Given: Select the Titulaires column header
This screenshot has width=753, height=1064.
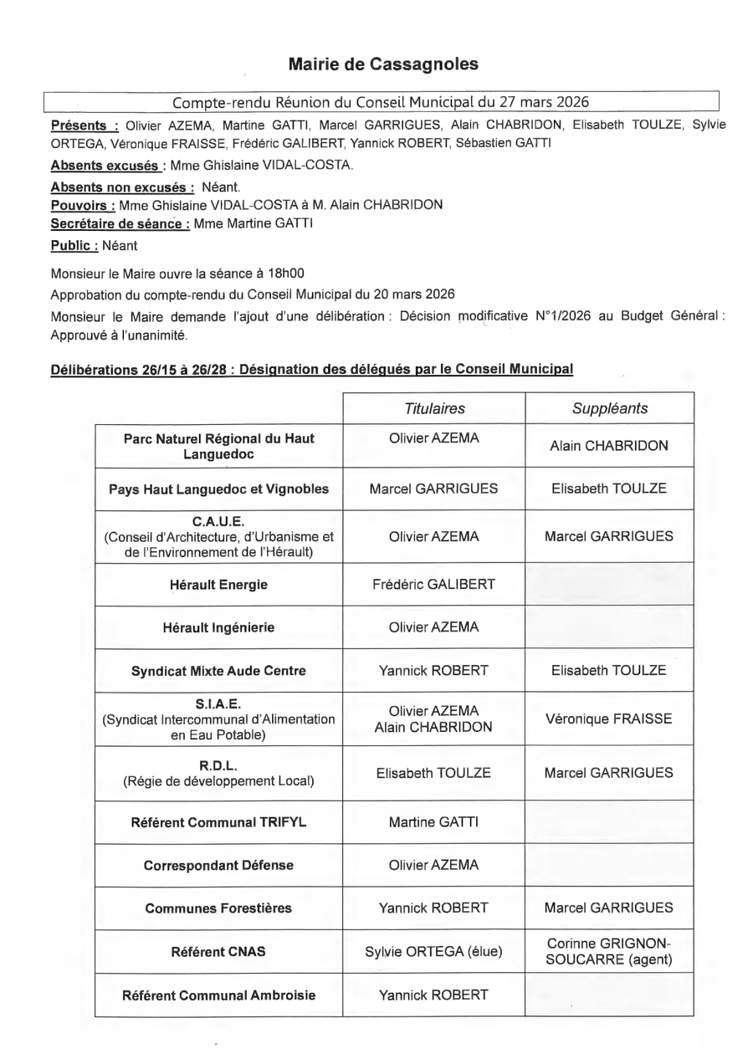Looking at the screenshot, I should pyautogui.click(x=433, y=408).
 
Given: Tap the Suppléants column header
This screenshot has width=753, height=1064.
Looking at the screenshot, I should pyautogui.click(x=608, y=408).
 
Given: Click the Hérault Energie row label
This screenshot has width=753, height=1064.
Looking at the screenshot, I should pyautogui.click(x=218, y=585).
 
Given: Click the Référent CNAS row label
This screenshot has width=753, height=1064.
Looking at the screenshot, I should pyautogui.click(x=218, y=953).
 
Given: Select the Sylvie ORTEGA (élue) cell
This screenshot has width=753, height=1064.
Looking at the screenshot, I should pyautogui.click(x=433, y=953).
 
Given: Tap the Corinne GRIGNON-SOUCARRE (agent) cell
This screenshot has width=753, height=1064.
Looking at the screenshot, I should pyautogui.click(x=608, y=953).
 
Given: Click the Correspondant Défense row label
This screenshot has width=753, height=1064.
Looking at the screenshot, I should pyautogui.click(x=218, y=865).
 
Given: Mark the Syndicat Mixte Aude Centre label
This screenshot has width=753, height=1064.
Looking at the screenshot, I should pyautogui.click(x=218, y=671).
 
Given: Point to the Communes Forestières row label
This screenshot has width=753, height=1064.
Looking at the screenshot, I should pyautogui.click(x=218, y=908).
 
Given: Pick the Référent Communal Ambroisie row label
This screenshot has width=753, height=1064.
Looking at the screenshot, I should pyautogui.click(x=218, y=995).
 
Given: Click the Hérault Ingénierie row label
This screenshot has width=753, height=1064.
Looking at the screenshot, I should pyautogui.click(x=218, y=627).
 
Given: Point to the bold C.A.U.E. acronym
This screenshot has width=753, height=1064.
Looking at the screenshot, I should pyautogui.click(x=218, y=521).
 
